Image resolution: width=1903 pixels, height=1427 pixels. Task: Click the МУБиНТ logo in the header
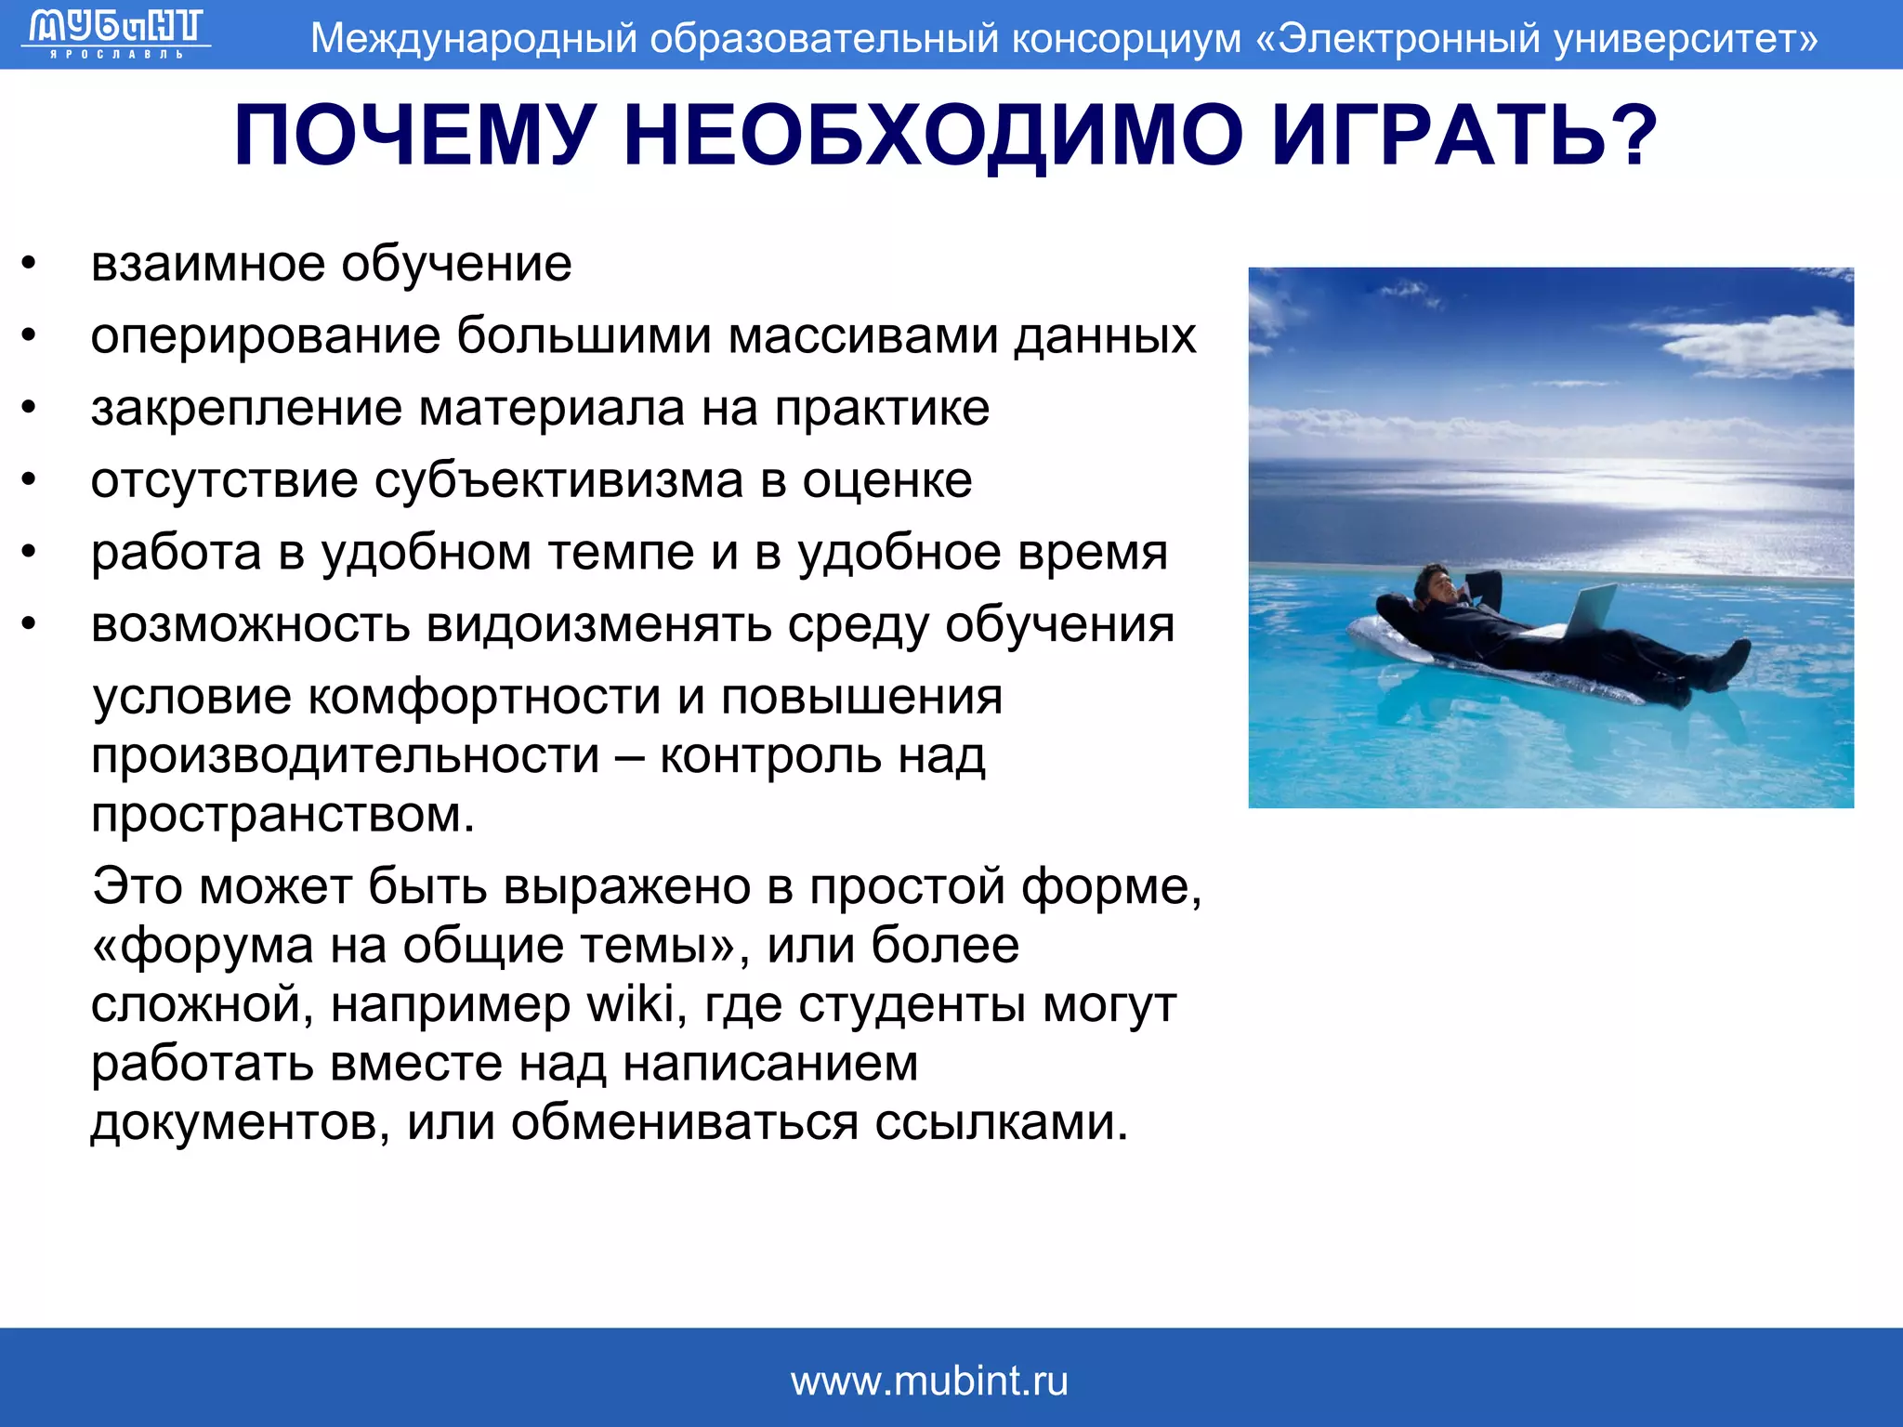pos(116,32)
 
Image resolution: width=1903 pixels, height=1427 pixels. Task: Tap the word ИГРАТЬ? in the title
pos(1463,136)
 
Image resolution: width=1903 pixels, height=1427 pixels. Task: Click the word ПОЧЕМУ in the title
pos(413,136)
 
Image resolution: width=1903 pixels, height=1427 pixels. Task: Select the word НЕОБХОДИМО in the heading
pos(933,136)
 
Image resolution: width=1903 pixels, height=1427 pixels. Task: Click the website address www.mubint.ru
pos(929,1381)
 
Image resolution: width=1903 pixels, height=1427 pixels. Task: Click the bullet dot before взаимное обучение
pos(30,264)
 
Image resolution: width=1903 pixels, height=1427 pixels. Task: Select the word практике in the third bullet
pos(882,408)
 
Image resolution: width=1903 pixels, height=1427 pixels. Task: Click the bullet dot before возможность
pos(30,624)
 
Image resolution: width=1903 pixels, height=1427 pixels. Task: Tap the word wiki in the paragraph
pos(631,1004)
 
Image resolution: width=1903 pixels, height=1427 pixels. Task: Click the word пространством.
pos(283,815)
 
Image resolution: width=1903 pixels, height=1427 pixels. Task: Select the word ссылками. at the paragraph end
pos(1002,1122)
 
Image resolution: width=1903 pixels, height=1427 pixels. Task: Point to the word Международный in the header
pos(474,39)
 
